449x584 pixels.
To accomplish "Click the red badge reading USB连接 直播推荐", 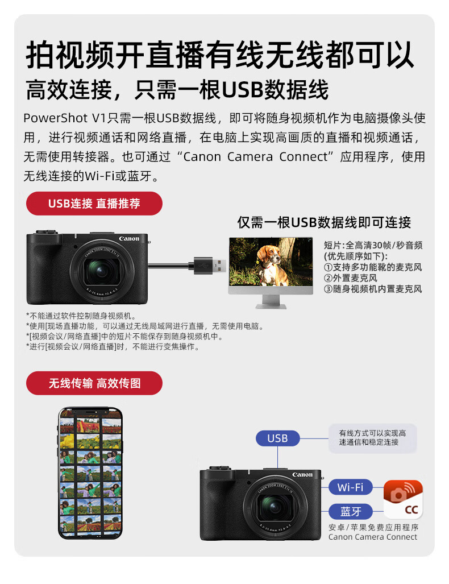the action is click(x=94, y=204).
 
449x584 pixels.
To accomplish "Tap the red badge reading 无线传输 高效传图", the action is click(x=94, y=383).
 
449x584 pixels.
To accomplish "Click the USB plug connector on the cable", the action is click(x=210, y=266).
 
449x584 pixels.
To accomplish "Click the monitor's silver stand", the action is click(x=271, y=302).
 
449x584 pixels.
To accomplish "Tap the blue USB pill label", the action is click(x=277, y=438).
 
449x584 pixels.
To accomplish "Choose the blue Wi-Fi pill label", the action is click(x=350, y=487).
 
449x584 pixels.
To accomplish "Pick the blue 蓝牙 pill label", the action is click(x=350, y=511).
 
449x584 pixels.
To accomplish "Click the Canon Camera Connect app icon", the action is click(x=403, y=499).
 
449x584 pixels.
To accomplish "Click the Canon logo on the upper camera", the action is click(x=129, y=238).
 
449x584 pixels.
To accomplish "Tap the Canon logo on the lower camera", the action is click(x=302, y=474).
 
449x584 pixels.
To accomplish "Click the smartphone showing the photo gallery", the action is click(x=90, y=473).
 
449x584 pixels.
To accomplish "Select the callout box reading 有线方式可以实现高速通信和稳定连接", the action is click(x=372, y=438).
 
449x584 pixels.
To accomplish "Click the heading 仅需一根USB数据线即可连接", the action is click(x=324, y=223).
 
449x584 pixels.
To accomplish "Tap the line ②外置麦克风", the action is click(x=350, y=278).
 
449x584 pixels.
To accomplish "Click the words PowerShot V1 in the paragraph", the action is click(x=65, y=118).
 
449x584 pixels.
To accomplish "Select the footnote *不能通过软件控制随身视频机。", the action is click(x=81, y=316).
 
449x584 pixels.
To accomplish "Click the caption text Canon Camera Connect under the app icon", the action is click(x=373, y=537).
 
